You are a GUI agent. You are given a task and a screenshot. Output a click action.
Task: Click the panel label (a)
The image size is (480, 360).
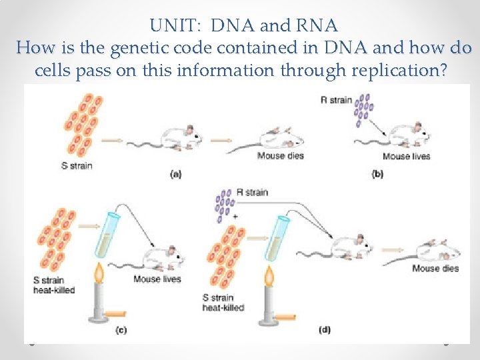coord(176,174)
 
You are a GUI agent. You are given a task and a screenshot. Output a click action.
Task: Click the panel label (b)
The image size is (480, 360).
coord(377,174)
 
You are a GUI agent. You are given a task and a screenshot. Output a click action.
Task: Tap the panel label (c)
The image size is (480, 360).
coord(121,329)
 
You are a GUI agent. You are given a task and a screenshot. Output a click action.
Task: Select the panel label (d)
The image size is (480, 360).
coord(324,329)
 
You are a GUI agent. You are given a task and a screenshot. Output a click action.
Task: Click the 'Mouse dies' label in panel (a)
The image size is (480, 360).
coord(281,157)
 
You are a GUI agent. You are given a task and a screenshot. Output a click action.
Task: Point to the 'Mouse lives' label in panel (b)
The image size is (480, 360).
coord(407,157)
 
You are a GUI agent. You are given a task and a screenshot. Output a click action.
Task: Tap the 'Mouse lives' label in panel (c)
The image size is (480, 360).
coord(157,279)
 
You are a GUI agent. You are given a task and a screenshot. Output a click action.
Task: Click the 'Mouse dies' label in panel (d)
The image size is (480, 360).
coord(435,269)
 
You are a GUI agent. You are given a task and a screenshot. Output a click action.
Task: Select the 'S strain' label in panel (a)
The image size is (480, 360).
coord(77,165)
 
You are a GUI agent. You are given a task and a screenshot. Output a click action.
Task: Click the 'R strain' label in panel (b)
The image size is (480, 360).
coord(335,100)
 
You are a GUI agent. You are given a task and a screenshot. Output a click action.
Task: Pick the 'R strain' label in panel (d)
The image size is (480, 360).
coord(252,192)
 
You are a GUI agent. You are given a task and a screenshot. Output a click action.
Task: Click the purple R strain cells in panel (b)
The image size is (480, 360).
coord(364,109)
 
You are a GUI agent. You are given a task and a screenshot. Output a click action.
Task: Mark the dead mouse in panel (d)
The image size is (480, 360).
coord(438,251)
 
